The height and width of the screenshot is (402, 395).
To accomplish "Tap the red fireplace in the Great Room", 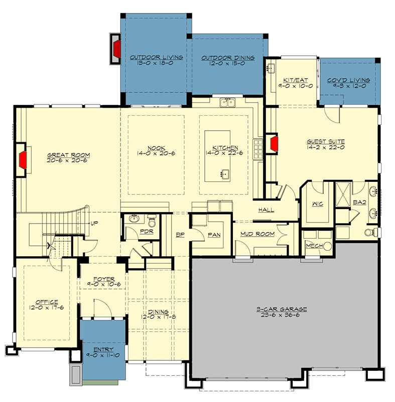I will click(23, 161).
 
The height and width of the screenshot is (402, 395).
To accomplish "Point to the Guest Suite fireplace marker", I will click(274, 143).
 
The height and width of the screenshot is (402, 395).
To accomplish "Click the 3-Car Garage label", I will click(284, 309).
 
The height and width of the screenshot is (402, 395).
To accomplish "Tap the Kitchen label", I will click(225, 148).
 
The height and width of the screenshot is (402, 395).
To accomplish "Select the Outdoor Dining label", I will click(228, 58).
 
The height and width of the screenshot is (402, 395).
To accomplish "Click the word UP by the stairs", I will click(93, 223).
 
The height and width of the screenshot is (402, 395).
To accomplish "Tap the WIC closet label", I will click(317, 204).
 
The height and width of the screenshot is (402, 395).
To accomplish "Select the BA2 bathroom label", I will click(359, 202).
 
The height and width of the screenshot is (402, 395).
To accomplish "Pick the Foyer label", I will click(104, 279).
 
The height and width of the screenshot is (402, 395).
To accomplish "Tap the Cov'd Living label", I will click(349, 80).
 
